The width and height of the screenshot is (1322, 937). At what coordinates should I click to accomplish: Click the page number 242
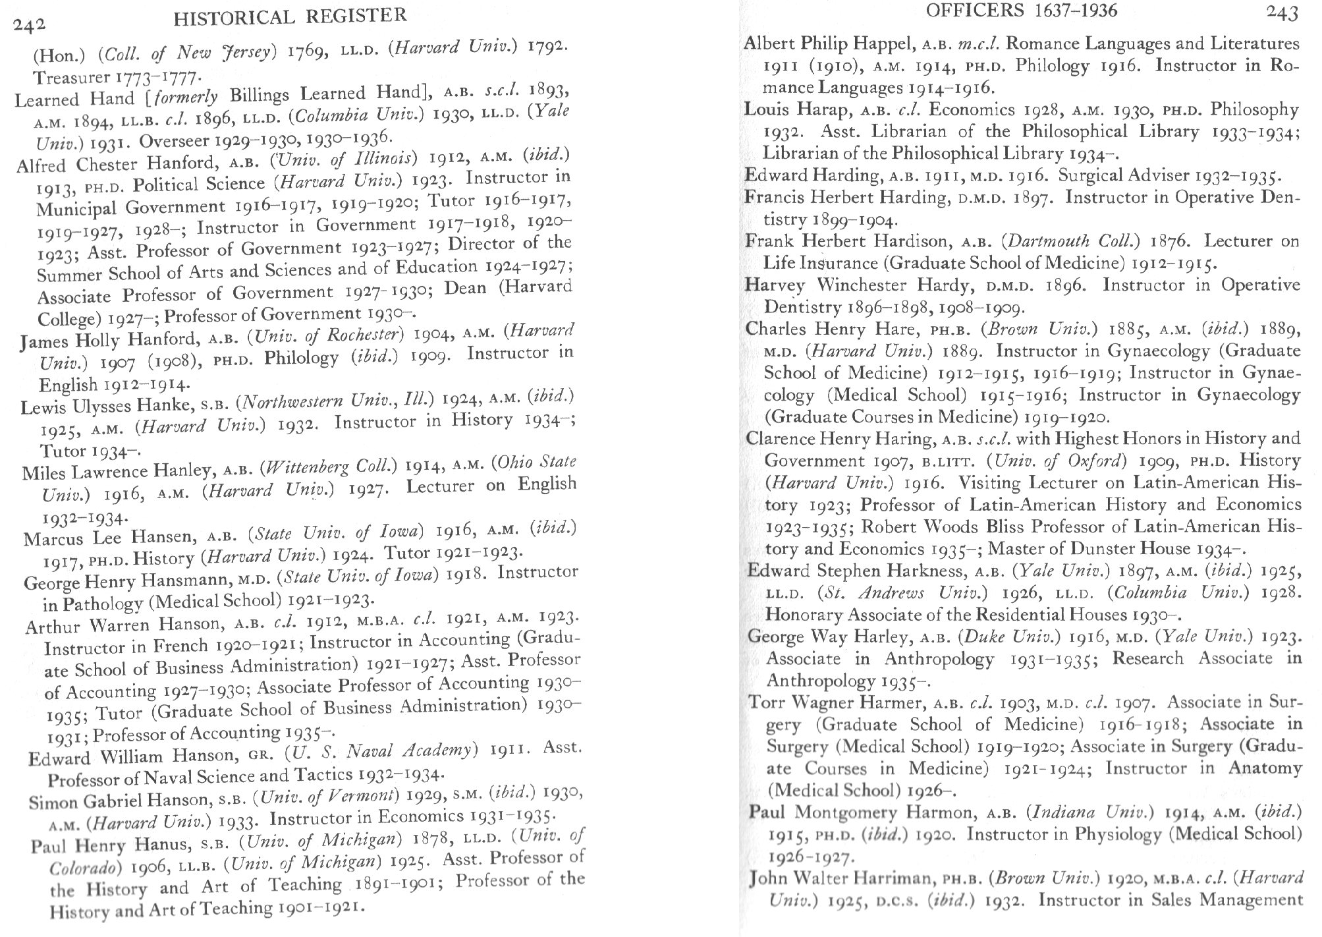30,25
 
